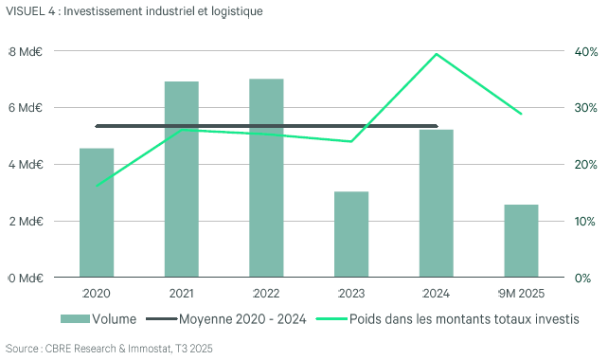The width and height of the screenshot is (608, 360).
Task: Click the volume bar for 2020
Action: (x=97, y=213)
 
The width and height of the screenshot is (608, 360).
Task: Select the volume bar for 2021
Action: (x=182, y=180)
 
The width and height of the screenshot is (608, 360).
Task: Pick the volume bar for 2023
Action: (x=351, y=235)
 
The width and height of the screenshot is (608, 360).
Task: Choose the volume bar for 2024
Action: (x=437, y=204)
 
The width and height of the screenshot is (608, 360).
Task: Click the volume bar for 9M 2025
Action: (x=521, y=241)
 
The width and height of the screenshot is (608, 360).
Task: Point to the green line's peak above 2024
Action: (x=437, y=54)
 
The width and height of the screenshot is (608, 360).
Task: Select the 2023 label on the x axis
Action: (x=351, y=294)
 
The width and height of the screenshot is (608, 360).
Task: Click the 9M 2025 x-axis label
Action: (x=521, y=294)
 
